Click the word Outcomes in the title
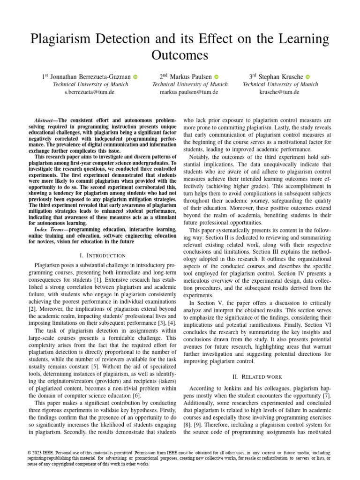pyautogui.click(x=180, y=55)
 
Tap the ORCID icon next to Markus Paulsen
pyautogui.click(x=217, y=77)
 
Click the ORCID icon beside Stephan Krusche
pyautogui.click(x=307, y=77)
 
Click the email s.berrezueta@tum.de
pyautogui.click(x=89, y=92)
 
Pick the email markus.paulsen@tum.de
pyautogui.click(x=190, y=92)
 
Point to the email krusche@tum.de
pyautogui.click(x=280, y=92)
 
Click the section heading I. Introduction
pyautogui.click(x=103, y=255)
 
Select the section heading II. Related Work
pyautogui.click(x=256, y=376)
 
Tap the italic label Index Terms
pyautogui.click(x=51, y=229)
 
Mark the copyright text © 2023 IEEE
pyautogui.click(x=45, y=452)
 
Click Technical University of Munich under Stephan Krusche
pyautogui.click(x=280, y=84)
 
